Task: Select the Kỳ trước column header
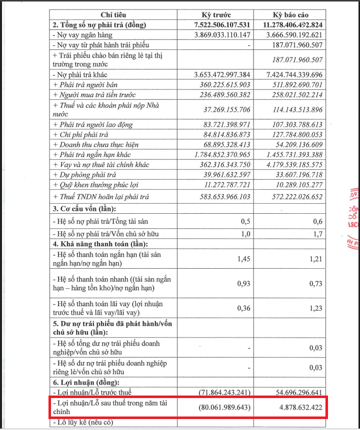(216, 15)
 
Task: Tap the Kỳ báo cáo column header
(290, 15)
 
